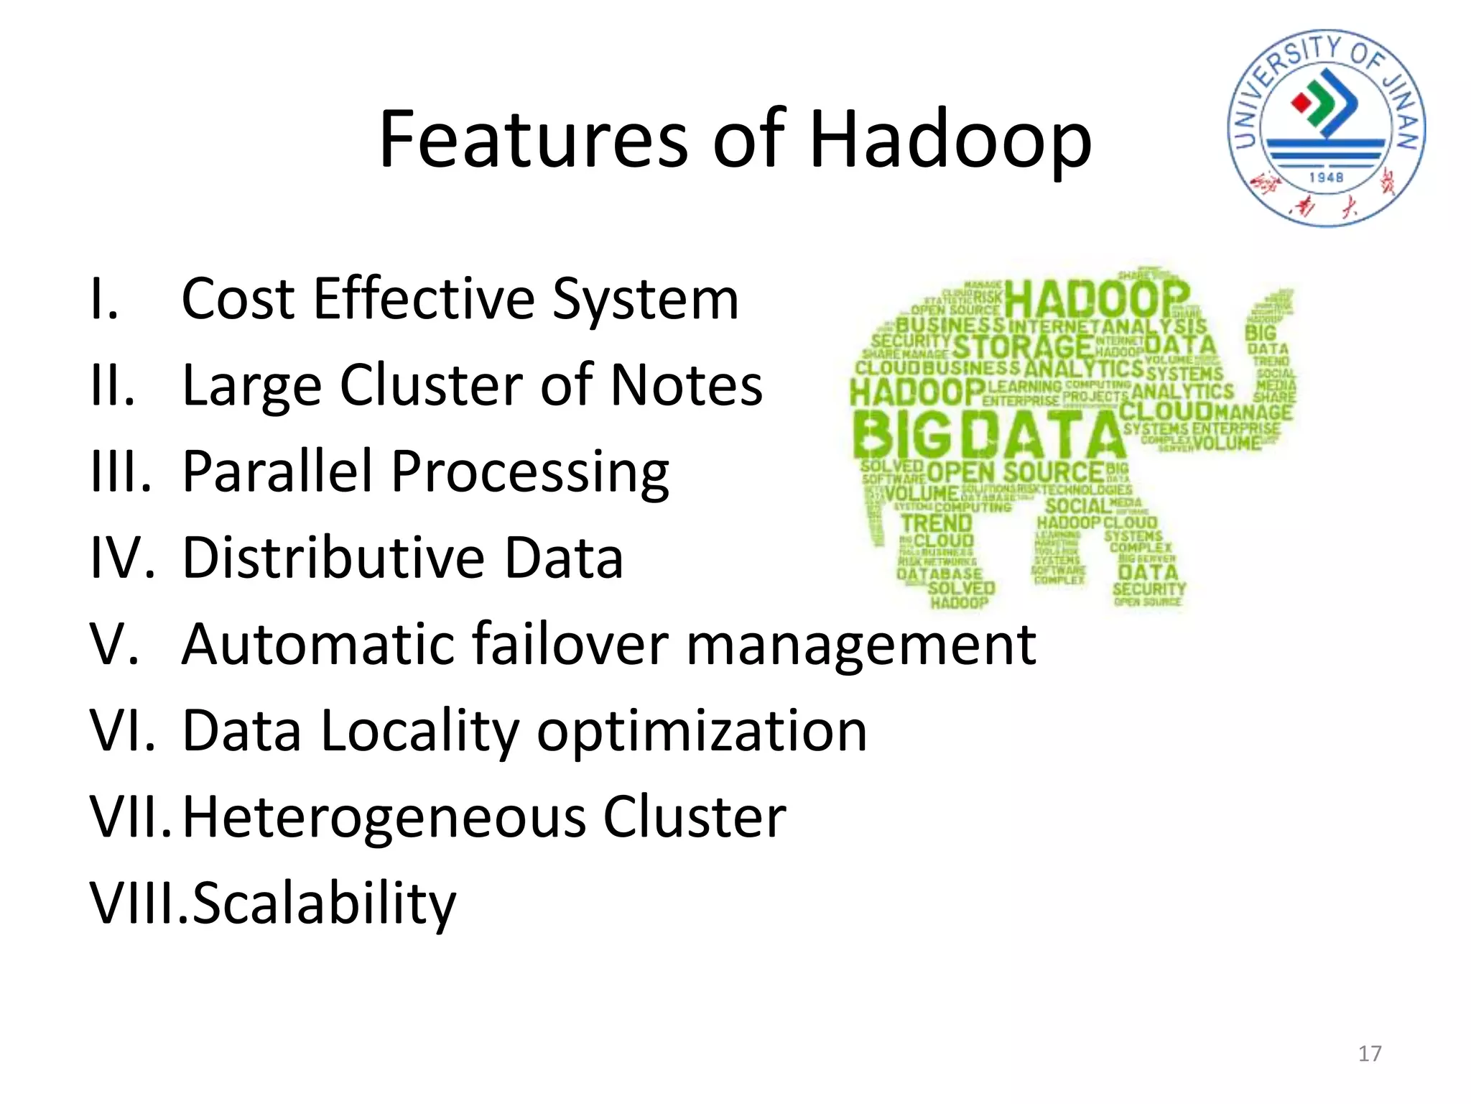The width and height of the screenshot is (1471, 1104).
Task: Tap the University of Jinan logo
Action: point(1326,128)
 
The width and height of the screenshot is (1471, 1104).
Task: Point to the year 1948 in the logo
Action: point(1326,177)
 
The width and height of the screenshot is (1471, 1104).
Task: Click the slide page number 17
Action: point(1369,1054)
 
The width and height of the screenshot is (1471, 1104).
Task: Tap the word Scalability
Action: point(324,904)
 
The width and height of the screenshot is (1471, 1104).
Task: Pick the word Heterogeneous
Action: point(384,817)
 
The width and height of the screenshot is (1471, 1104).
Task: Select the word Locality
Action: point(419,732)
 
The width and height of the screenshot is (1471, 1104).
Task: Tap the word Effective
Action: point(424,299)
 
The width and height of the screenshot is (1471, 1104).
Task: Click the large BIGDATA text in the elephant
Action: point(988,436)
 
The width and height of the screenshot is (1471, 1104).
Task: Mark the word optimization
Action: point(702,732)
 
